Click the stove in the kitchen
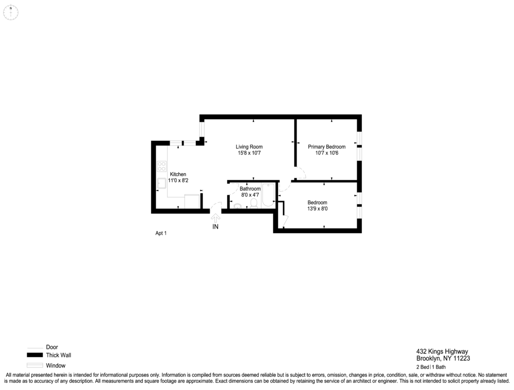(x=161, y=166)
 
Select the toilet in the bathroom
(x=253, y=204)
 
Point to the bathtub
(x=268, y=196)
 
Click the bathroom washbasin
(x=237, y=206)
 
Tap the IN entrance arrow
(x=215, y=219)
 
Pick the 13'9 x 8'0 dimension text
(x=317, y=209)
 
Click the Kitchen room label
(x=178, y=174)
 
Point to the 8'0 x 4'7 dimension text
(x=250, y=195)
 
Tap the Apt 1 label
(x=161, y=233)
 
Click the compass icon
(x=11, y=12)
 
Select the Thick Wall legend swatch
(x=35, y=355)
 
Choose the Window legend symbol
(x=35, y=365)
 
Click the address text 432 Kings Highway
(x=442, y=352)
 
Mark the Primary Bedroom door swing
(x=299, y=173)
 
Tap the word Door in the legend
(x=52, y=347)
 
